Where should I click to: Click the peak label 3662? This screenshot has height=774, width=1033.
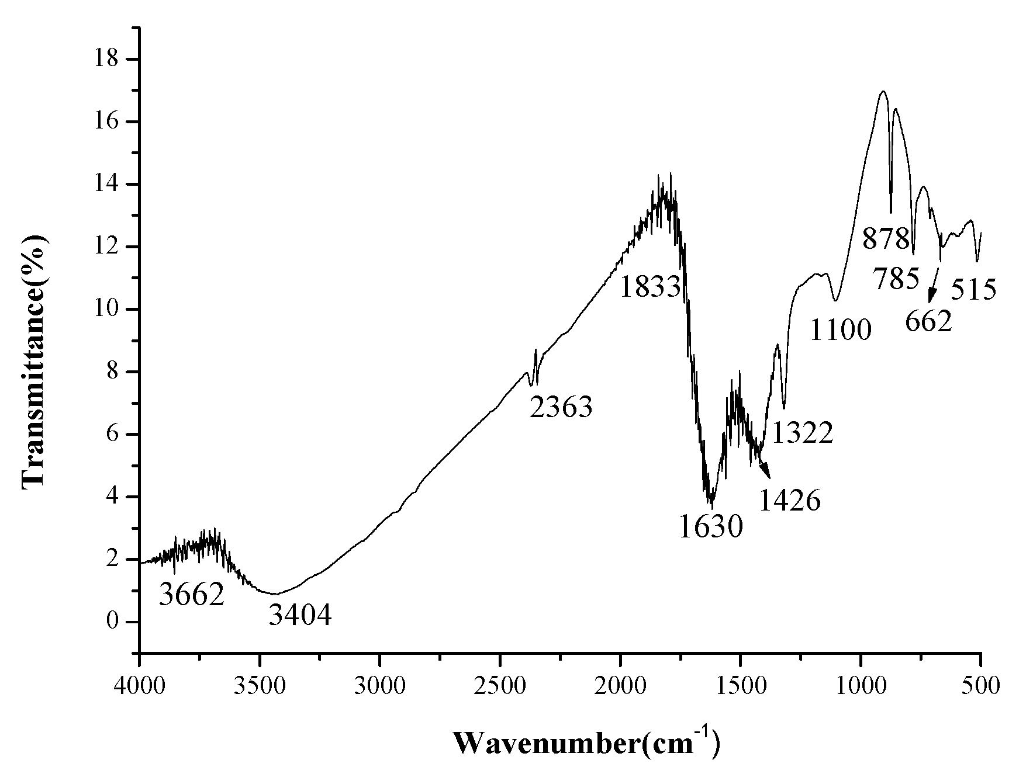click(192, 595)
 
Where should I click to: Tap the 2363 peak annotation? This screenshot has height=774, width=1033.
click(561, 407)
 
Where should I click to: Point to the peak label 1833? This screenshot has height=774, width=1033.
click(650, 287)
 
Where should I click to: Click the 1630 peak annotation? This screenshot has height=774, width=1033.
click(710, 526)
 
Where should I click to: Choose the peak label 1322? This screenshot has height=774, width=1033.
click(802, 433)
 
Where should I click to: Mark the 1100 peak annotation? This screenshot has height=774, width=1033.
click(841, 331)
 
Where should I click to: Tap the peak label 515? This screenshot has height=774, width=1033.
click(973, 290)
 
